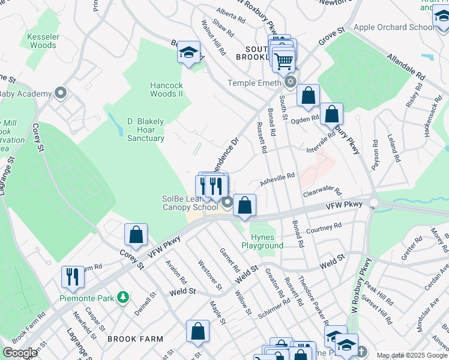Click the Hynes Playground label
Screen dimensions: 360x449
click(x=262, y=242)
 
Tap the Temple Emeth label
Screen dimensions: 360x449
click(x=255, y=83)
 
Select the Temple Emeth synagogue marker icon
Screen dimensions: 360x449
click(x=291, y=82)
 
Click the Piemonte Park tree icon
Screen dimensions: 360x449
click(x=122, y=297)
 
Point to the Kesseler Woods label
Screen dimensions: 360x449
click(x=43, y=41)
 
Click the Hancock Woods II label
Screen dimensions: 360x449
click(x=166, y=89)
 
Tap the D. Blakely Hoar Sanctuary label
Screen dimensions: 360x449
click(x=145, y=130)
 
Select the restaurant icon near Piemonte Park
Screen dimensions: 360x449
click(x=73, y=277)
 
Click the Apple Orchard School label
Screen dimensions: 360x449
click(x=394, y=27)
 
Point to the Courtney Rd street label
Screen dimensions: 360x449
click(x=324, y=228)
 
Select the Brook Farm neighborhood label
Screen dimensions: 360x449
click(x=135, y=339)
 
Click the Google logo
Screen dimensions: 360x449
click(x=20, y=353)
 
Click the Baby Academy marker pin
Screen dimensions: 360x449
click(x=60, y=94)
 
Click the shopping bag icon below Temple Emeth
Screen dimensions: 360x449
click(x=308, y=95)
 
